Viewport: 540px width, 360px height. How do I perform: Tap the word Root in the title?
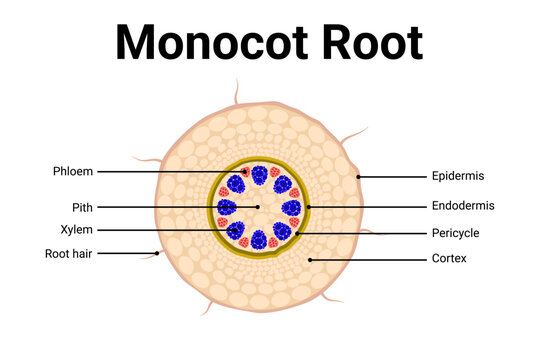[369, 43]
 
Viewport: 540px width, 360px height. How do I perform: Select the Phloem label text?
[73, 171]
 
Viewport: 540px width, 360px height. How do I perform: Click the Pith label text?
[83, 207]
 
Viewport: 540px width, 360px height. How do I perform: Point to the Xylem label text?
[77, 229]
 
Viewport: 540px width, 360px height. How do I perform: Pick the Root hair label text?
[70, 253]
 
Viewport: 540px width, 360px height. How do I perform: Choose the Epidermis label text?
[458, 176]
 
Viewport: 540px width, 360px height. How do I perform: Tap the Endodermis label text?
[463, 206]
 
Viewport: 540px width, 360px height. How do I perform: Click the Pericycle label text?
[455, 233]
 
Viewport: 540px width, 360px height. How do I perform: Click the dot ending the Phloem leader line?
[246, 172]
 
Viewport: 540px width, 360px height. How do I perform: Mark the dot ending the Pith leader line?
[258, 207]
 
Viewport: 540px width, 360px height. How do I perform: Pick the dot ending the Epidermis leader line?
[358, 176]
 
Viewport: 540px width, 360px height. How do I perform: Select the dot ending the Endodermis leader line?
[310, 207]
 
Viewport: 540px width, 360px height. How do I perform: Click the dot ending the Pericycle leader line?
[297, 233]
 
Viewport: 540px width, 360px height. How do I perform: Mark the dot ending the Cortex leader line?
[310, 259]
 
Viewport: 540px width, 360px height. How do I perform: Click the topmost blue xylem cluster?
[260, 175]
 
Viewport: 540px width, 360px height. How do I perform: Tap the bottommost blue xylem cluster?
[260, 240]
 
